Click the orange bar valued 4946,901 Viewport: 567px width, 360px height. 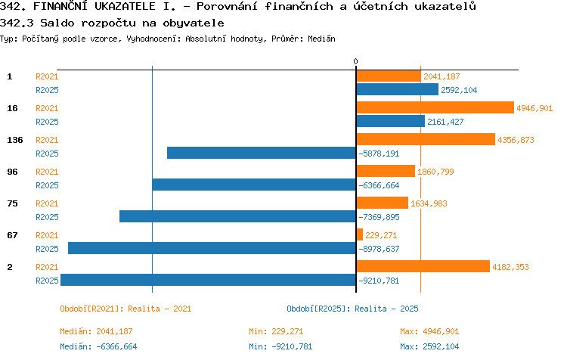click(x=435, y=107)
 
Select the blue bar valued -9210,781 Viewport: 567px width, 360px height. click(x=209, y=280)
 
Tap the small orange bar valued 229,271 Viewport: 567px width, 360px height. click(x=359, y=234)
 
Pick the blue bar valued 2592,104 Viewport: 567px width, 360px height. click(x=398, y=89)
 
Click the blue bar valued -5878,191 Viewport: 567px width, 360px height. click(x=262, y=153)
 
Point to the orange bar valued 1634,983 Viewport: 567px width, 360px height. click(x=383, y=203)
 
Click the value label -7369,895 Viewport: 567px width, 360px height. click(x=379, y=217)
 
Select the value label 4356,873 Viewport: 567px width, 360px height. click(x=516, y=140)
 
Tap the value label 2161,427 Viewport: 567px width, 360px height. click(x=445, y=122)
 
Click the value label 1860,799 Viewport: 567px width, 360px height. click(x=435, y=172)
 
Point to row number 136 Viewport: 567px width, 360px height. click(x=15, y=140)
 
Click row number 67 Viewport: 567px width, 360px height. click(x=12, y=235)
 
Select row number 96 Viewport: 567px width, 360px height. click(x=12, y=172)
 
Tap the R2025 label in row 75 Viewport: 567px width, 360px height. click(x=47, y=217)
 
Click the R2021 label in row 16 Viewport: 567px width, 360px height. click(x=47, y=108)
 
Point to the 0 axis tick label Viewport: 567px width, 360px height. click(x=355, y=61)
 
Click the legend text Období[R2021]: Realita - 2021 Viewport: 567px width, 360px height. click(x=125, y=309)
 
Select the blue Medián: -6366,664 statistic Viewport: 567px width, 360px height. click(x=98, y=346)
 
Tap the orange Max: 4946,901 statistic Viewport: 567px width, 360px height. click(x=429, y=331)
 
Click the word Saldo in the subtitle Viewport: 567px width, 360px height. click(x=57, y=23)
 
